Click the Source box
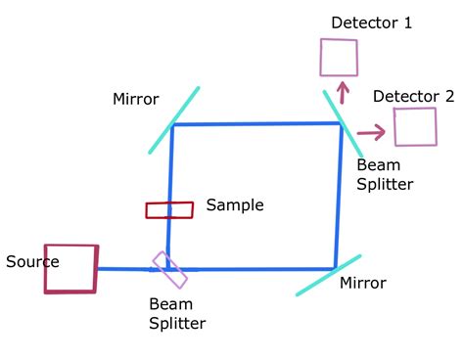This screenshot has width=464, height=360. point(70,268)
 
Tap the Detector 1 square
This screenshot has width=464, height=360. point(339,57)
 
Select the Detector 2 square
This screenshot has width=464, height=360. point(415,126)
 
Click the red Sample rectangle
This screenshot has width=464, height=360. point(169,209)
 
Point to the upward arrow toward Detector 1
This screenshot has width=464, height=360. point(342,93)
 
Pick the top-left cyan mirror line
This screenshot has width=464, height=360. point(174,120)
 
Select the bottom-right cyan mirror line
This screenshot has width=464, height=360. point(328,275)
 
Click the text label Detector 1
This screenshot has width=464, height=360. point(371,22)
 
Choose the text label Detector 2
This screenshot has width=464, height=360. point(414,96)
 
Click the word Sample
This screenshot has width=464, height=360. point(235,205)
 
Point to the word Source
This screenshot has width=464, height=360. point(32,262)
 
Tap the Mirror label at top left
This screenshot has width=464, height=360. point(136,99)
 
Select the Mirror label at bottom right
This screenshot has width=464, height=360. point(362,284)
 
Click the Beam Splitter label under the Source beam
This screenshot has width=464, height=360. point(177,313)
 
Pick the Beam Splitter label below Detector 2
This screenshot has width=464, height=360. point(385,174)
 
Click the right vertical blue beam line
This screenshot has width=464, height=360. point(340,196)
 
